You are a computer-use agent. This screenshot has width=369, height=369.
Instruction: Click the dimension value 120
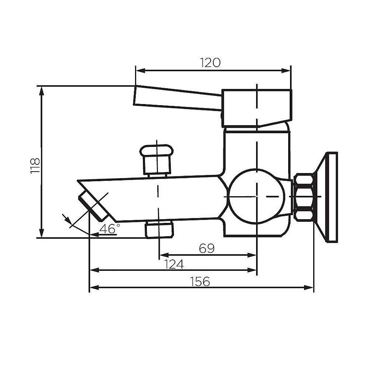tap(210, 62)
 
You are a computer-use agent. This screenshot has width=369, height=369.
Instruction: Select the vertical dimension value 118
tap(35, 166)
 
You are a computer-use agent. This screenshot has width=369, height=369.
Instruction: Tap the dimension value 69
tap(207, 248)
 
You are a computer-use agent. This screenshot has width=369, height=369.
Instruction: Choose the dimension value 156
tap(200, 282)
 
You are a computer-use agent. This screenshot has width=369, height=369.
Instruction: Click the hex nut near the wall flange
tap(304, 197)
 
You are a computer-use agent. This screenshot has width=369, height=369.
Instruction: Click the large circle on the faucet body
tap(256, 196)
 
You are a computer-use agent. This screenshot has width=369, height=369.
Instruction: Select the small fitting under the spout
tap(159, 230)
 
